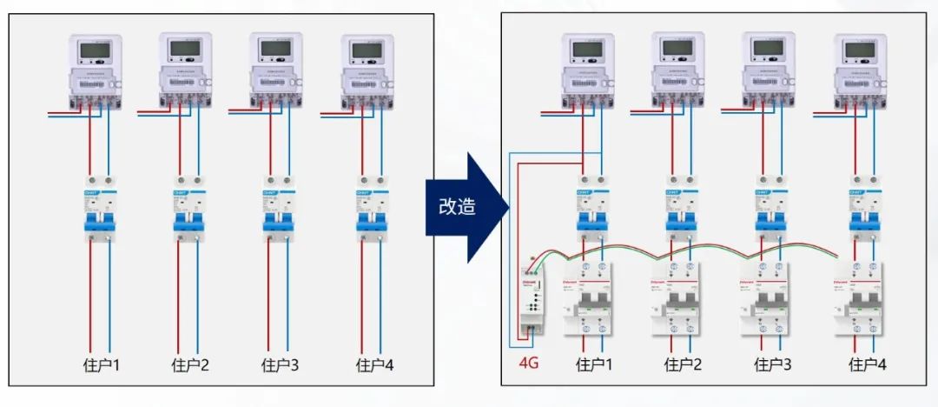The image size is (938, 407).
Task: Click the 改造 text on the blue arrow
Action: click(x=457, y=206)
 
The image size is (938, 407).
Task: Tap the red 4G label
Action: click(x=528, y=362)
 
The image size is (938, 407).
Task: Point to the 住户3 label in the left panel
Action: click(x=280, y=365)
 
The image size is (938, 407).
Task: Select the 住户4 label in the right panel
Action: click(x=868, y=364)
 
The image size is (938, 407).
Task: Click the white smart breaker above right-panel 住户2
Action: click(x=678, y=297)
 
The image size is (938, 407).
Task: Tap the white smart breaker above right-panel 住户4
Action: click(x=861, y=297)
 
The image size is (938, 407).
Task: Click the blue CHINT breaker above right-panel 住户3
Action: click(x=769, y=206)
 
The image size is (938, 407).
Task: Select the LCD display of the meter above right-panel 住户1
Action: click(x=588, y=49)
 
